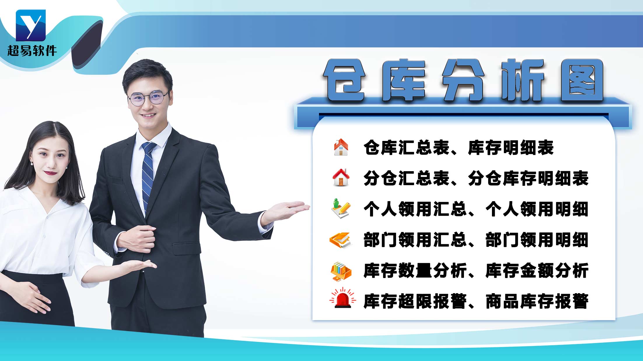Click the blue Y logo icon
click(31, 25)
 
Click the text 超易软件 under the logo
click(32, 51)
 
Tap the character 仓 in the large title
click(344, 80)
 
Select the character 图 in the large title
click(582, 80)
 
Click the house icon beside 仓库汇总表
click(341, 147)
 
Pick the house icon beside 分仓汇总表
click(341, 177)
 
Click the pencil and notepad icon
click(341, 208)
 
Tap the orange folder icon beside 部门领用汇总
click(340, 240)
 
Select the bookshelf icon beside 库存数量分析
click(341, 271)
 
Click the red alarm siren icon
click(342, 299)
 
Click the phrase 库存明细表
click(511, 148)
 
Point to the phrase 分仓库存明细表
click(528, 178)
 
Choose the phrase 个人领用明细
click(537, 209)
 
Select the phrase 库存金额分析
click(537, 271)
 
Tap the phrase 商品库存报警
click(537, 301)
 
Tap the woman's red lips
click(50, 173)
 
